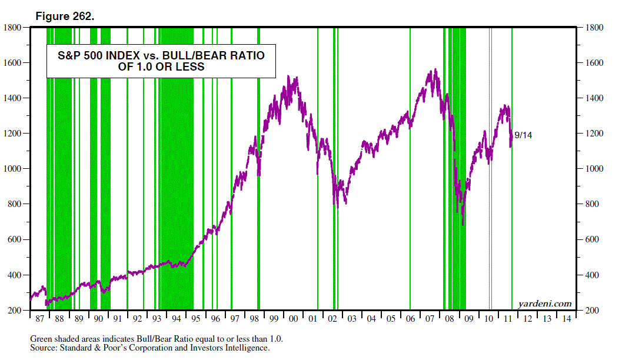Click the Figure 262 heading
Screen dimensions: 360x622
coord(65,16)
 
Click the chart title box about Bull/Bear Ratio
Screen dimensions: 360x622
coord(161,61)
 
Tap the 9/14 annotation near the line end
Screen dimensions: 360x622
coord(523,135)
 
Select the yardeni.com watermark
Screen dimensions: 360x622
coord(545,304)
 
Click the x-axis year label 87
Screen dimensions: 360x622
coord(39,319)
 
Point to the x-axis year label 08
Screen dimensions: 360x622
coord(449,319)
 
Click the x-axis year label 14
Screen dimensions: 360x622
coord(566,319)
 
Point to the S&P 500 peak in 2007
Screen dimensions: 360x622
coord(435,69)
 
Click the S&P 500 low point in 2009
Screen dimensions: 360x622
coord(463,224)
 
